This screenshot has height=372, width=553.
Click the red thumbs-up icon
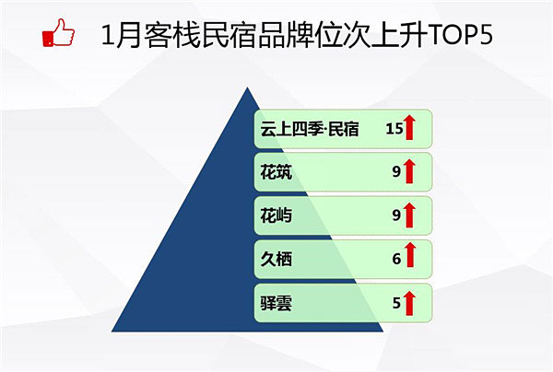(x=58, y=32)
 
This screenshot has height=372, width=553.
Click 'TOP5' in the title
(x=460, y=35)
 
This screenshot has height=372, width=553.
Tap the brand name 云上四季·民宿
(x=310, y=129)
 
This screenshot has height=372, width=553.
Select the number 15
(x=394, y=129)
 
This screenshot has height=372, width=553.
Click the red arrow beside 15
(x=409, y=127)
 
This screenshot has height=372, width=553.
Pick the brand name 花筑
(x=276, y=172)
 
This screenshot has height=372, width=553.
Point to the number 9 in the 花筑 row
(x=396, y=172)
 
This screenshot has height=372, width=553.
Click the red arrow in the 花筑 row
(x=409, y=171)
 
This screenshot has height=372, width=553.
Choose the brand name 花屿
(x=276, y=215)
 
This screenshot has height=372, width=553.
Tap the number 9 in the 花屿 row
(x=396, y=215)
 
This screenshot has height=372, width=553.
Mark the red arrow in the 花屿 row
(x=409, y=215)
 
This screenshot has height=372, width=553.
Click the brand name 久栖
(x=276, y=260)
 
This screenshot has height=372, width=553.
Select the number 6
(x=396, y=260)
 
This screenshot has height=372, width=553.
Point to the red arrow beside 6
(x=409, y=254)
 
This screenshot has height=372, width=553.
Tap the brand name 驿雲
(x=276, y=303)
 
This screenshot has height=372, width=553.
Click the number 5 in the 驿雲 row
(x=396, y=303)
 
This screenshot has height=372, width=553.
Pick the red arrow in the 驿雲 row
(x=409, y=303)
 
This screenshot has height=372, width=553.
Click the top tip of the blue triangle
(x=248, y=87)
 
